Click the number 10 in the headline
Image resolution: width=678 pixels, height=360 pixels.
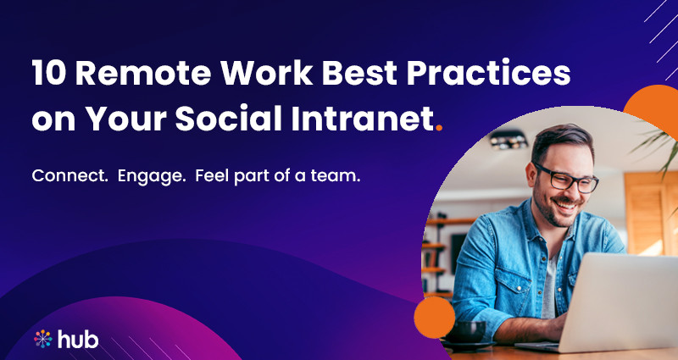point(49,75)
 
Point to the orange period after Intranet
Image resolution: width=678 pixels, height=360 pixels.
point(438,128)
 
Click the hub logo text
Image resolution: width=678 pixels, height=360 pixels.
point(78,339)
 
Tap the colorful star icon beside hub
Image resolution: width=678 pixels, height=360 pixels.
point(43,339)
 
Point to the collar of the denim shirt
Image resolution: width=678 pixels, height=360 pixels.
point(530,233)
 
